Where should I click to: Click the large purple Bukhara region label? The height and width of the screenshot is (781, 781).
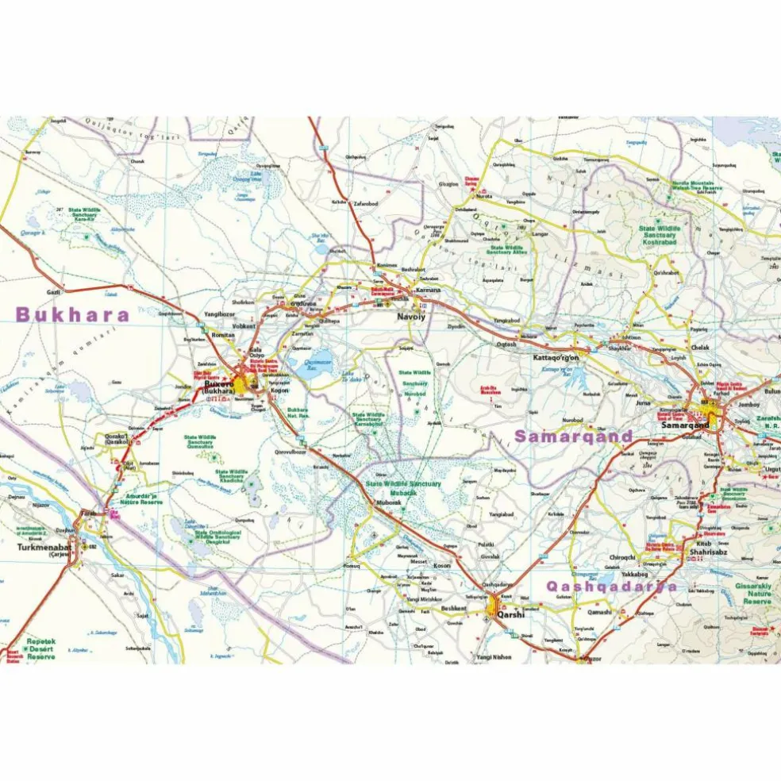[x=72, y=314]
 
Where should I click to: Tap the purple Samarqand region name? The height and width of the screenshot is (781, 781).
[x=573, y=436]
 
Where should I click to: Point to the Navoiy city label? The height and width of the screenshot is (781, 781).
[x=412, y=317]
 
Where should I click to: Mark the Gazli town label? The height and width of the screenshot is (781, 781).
[x=54, y=292]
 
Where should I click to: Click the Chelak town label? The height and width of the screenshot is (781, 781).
[x=700, y=347]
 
